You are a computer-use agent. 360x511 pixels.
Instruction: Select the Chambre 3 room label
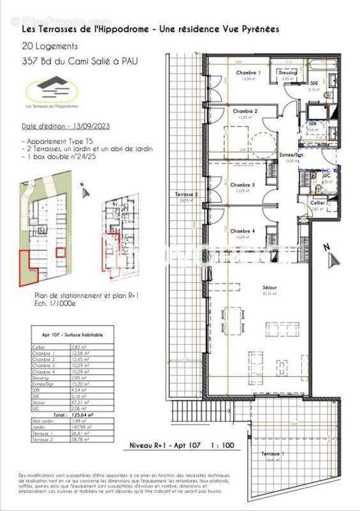pyautogui.click(x=243, y=185)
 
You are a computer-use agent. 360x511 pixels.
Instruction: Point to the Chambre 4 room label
pyautogui.click(x=243, y=231)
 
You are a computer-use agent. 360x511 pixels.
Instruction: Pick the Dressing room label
pyautogui.click(x=288, y=73)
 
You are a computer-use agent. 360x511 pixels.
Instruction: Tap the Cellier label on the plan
pyautogui.click(x=317, y=202)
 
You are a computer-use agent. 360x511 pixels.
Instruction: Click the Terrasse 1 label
pyautogui.click(x=273, y=454)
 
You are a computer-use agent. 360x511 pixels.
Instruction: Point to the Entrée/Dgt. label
pyautogui.click(x=292, y=156)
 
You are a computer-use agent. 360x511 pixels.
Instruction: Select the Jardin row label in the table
pyautogui.click(x=40, y=427)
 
